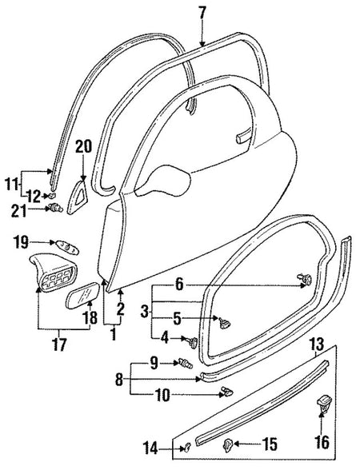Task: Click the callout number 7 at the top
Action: point(202,13)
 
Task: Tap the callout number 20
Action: point(83,147)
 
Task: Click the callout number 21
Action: point(19,211)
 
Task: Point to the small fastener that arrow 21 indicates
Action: point(56,207)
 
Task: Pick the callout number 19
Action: point(21,242)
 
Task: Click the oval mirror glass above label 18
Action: point(82,295)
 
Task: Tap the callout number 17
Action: point(60,344)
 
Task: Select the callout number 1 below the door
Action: point(113,333)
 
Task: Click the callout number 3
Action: point(145,312)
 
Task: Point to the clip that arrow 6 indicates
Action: point(305,280)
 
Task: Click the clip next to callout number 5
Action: point(224,323)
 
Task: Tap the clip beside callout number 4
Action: point(193,342)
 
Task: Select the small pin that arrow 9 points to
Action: point(186,363)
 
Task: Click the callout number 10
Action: point(162,396)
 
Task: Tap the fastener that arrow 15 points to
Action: point(228,444)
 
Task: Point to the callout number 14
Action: point(150,448)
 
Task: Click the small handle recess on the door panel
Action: point(242,137)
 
